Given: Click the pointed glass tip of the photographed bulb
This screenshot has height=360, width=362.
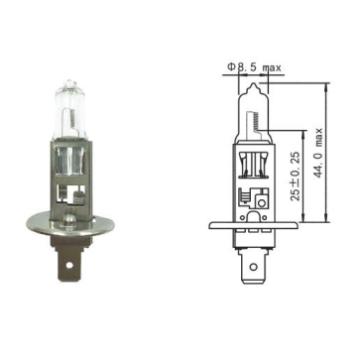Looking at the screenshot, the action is click(69, 82).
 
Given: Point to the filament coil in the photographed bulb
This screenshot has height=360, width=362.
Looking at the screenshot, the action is click(73, 120).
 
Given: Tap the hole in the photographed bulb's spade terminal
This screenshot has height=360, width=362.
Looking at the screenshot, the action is click(69, 265).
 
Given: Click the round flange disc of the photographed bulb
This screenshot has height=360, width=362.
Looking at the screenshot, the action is click(71, 225).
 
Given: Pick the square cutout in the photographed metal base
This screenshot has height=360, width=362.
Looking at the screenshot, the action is click(71, 193).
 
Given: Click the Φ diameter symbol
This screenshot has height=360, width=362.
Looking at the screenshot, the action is click(231, 67).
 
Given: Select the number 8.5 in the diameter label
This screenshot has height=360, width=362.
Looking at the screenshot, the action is click(247, 67).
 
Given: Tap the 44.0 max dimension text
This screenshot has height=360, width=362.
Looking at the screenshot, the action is click(317, 152).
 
